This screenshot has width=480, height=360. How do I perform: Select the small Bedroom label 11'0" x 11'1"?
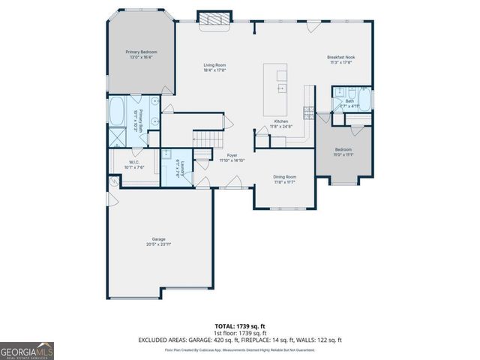(343, 154)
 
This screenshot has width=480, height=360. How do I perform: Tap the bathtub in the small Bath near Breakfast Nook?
(364, 98)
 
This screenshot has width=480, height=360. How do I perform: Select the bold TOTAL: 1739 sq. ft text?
(239, 325)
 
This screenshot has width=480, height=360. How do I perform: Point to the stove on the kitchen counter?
(308, 112)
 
